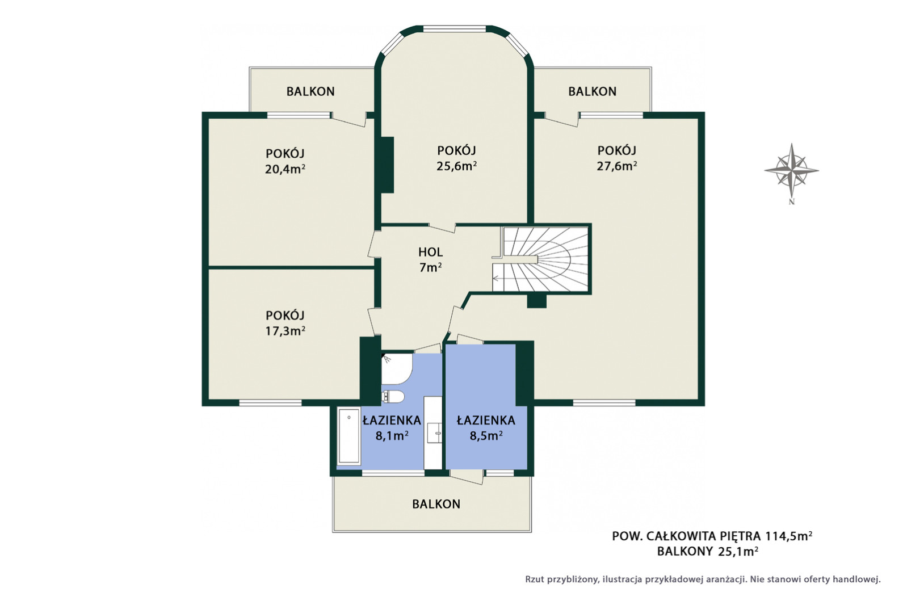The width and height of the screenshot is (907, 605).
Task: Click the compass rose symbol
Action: point(791,170)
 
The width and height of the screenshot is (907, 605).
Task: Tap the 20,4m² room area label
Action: point(285,169)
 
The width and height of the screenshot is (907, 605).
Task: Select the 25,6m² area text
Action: point(456,166)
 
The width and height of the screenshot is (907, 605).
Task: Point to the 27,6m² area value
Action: point(616,166)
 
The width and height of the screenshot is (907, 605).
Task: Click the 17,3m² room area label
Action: point(285,331)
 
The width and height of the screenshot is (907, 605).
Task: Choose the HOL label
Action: point(430,252)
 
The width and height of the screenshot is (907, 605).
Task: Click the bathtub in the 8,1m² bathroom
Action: point(349,435)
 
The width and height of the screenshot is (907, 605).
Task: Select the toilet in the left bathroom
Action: point(392,397)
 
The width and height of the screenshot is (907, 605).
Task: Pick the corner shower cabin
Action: point(396,368)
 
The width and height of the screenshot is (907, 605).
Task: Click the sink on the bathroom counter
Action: point(436,432)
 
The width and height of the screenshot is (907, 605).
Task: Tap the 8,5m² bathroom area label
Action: point(486,436)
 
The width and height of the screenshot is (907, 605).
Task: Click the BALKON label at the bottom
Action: point(436,504)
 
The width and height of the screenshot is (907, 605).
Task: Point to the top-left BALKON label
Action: point(310,91)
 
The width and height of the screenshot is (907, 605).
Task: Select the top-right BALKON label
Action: point(593,91)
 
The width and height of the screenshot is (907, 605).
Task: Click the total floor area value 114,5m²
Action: point(788,536)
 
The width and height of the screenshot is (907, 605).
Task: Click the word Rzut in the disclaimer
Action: point(535,579)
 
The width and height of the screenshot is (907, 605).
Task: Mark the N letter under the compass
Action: point(792,201)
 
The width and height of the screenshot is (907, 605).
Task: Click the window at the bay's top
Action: point(454,29)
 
